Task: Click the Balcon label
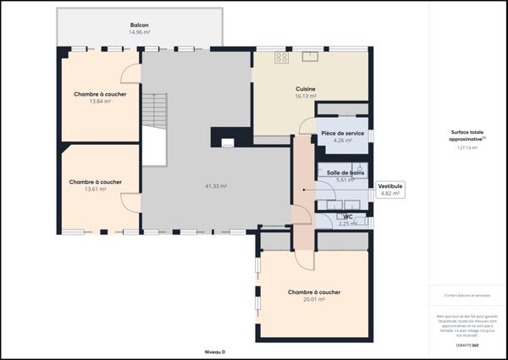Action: pos(139,25)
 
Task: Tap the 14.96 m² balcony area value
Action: pos(139,32)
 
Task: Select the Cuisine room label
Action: pos(306,89)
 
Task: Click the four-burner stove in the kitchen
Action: pos(282,58)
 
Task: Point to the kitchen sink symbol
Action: pos(310,57)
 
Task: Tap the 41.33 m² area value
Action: pos(216,186)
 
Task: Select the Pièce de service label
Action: pos(343,134)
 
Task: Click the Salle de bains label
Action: pos(345,173)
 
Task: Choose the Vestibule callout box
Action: pos(390,189)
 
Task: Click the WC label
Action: pos(347,217)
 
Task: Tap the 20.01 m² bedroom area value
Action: pos(313,299)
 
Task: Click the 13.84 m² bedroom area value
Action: pos(100,102)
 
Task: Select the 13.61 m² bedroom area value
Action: pos(95,189)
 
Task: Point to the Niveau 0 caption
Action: pos(215,351)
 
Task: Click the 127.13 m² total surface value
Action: pos(467,147)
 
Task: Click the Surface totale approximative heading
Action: pos(467,136)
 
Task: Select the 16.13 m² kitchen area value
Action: pos(306,96)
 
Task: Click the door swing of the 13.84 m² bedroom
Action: pos(130,75)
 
